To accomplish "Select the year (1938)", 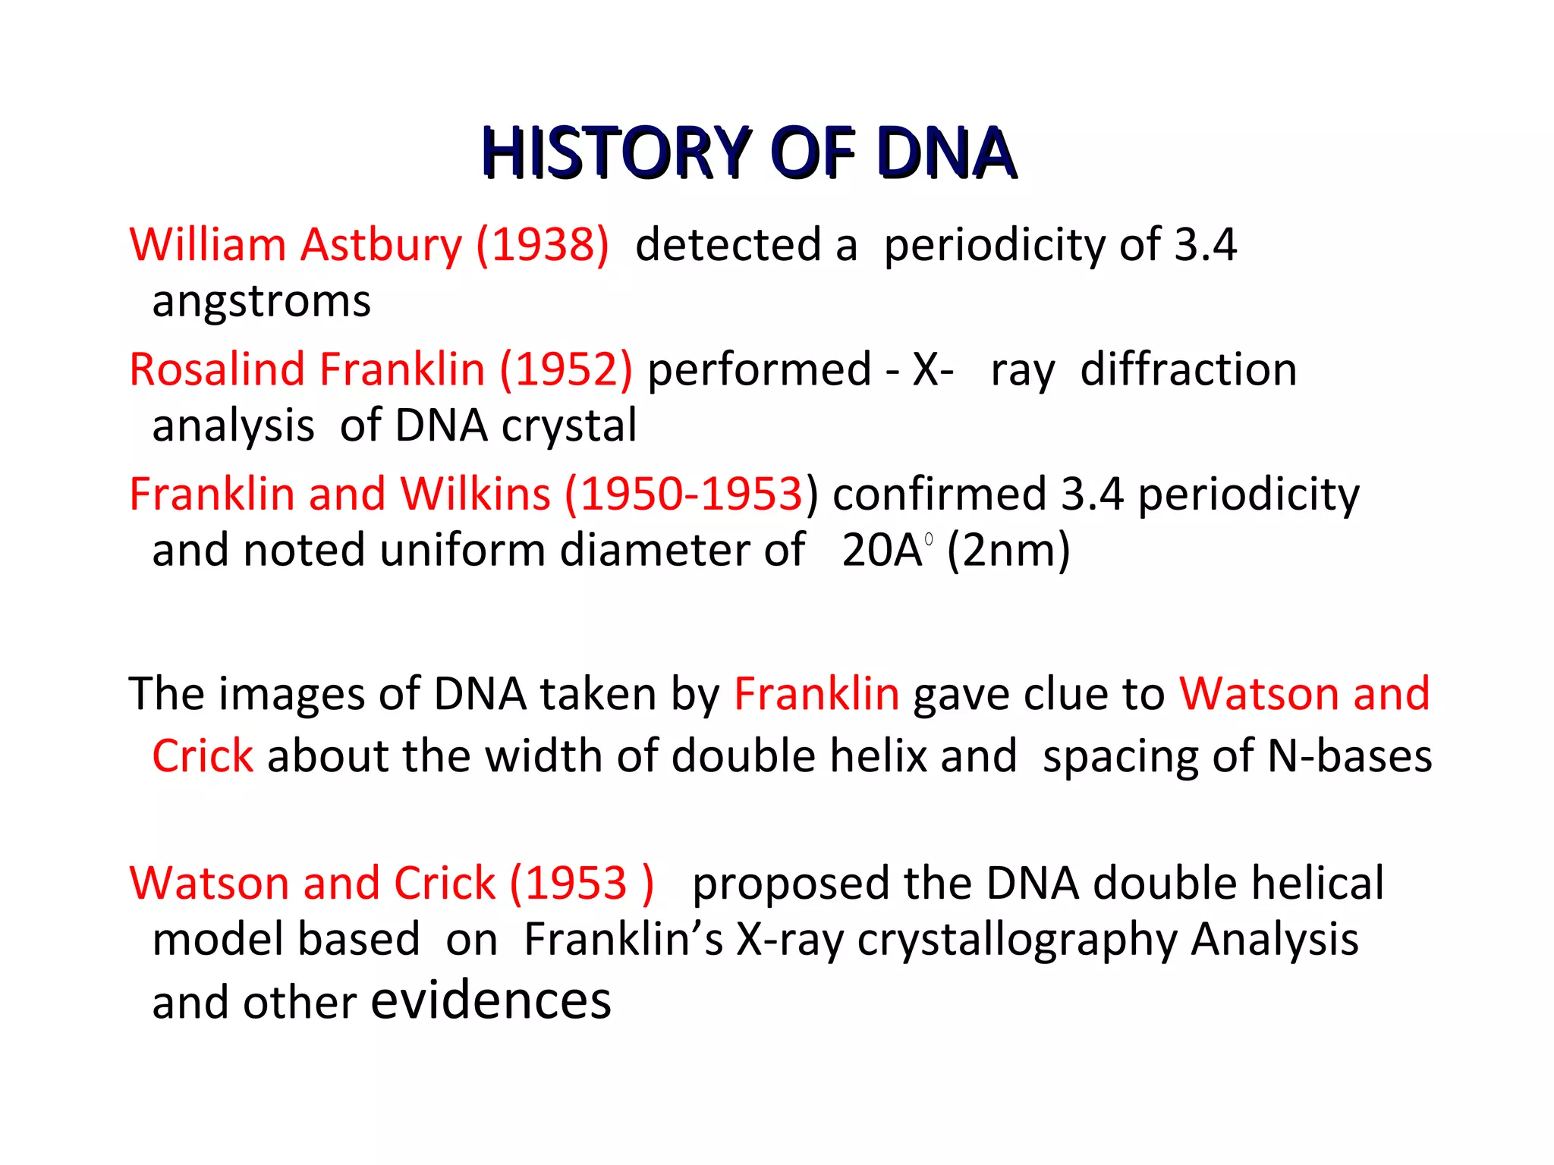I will click(x=543, y=245).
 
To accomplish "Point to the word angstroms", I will click(x=261, y=302).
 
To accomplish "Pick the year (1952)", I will click(x=565, y=370).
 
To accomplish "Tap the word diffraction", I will click(x=1188, y=370).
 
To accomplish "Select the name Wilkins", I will click(x=475, y=495).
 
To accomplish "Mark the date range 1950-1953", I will click(x=690, y=495).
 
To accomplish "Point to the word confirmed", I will click(x=939, y=495).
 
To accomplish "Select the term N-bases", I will click(x=1350, y=756).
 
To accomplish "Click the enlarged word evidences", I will click(x=490, y=1000).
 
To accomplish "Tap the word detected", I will click(x=728, y=245).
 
